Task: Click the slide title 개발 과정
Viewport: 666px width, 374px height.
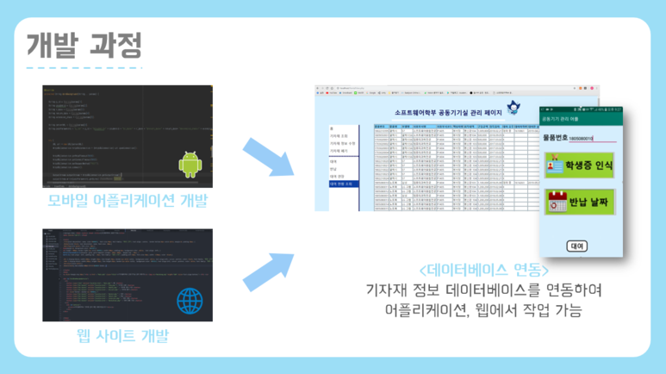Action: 84,44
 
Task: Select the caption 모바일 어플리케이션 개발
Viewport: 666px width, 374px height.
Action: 128,202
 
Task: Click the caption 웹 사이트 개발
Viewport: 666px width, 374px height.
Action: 127,335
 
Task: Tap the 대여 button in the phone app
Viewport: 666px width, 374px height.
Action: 576,246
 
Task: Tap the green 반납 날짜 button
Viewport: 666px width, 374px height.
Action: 580,202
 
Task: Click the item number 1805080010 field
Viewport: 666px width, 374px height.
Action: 588,137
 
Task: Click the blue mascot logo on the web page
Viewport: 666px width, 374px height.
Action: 515,110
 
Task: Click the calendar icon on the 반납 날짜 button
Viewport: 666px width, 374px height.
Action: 554,202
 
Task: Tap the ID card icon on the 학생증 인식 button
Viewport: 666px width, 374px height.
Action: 554,164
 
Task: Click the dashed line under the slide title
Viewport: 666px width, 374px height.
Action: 84,67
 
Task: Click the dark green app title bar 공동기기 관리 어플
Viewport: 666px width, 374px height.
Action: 580,119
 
